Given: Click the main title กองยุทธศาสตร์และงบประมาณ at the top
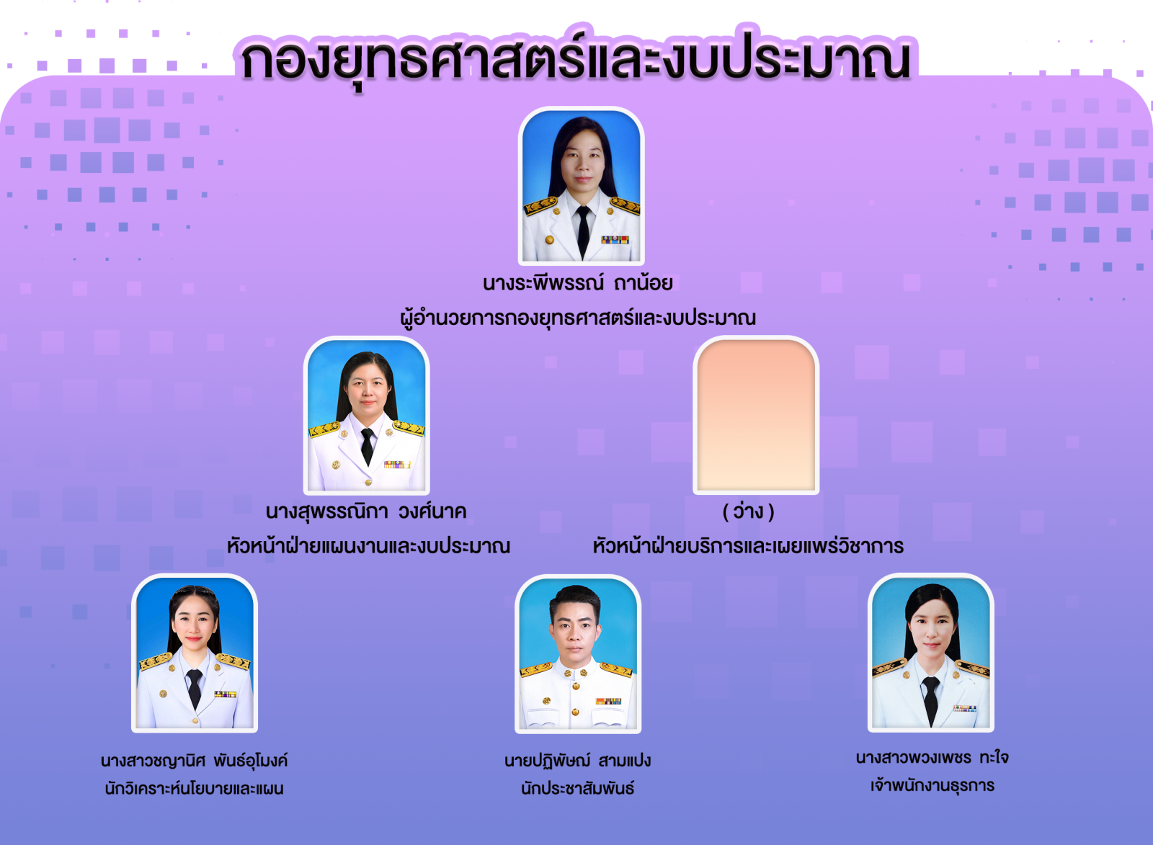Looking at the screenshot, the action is coord(576,59).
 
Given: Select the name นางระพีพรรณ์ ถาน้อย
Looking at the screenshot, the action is coord(577,282).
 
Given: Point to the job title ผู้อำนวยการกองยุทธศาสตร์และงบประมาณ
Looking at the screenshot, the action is coord(577,318).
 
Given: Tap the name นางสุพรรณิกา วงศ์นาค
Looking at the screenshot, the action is coord(366,511).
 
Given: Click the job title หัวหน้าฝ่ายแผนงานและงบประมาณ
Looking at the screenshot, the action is coord(368,545).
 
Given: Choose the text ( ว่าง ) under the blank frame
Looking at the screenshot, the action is coord(749,511).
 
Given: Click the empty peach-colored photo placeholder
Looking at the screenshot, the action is coord(756,415).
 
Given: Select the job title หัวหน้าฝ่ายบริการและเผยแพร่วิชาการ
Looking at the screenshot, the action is coord(748,545).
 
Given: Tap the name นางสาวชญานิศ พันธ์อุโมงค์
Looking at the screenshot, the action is coord(194,760).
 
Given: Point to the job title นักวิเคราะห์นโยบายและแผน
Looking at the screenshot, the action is coord(194,788).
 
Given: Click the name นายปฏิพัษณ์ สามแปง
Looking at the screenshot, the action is coord(577,761).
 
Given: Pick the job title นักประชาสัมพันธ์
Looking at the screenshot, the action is coord(577,788).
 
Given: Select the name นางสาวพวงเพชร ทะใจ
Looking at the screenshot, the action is coord(932,757).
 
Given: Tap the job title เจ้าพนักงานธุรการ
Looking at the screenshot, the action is coord(932,785).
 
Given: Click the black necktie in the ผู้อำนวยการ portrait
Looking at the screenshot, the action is coord(583,231).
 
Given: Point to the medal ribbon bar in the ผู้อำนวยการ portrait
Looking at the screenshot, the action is coord(615,240).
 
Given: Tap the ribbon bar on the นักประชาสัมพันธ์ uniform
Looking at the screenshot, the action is coord(608,701).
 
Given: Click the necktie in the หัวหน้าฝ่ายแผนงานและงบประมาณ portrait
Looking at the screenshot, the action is coord(367,447).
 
